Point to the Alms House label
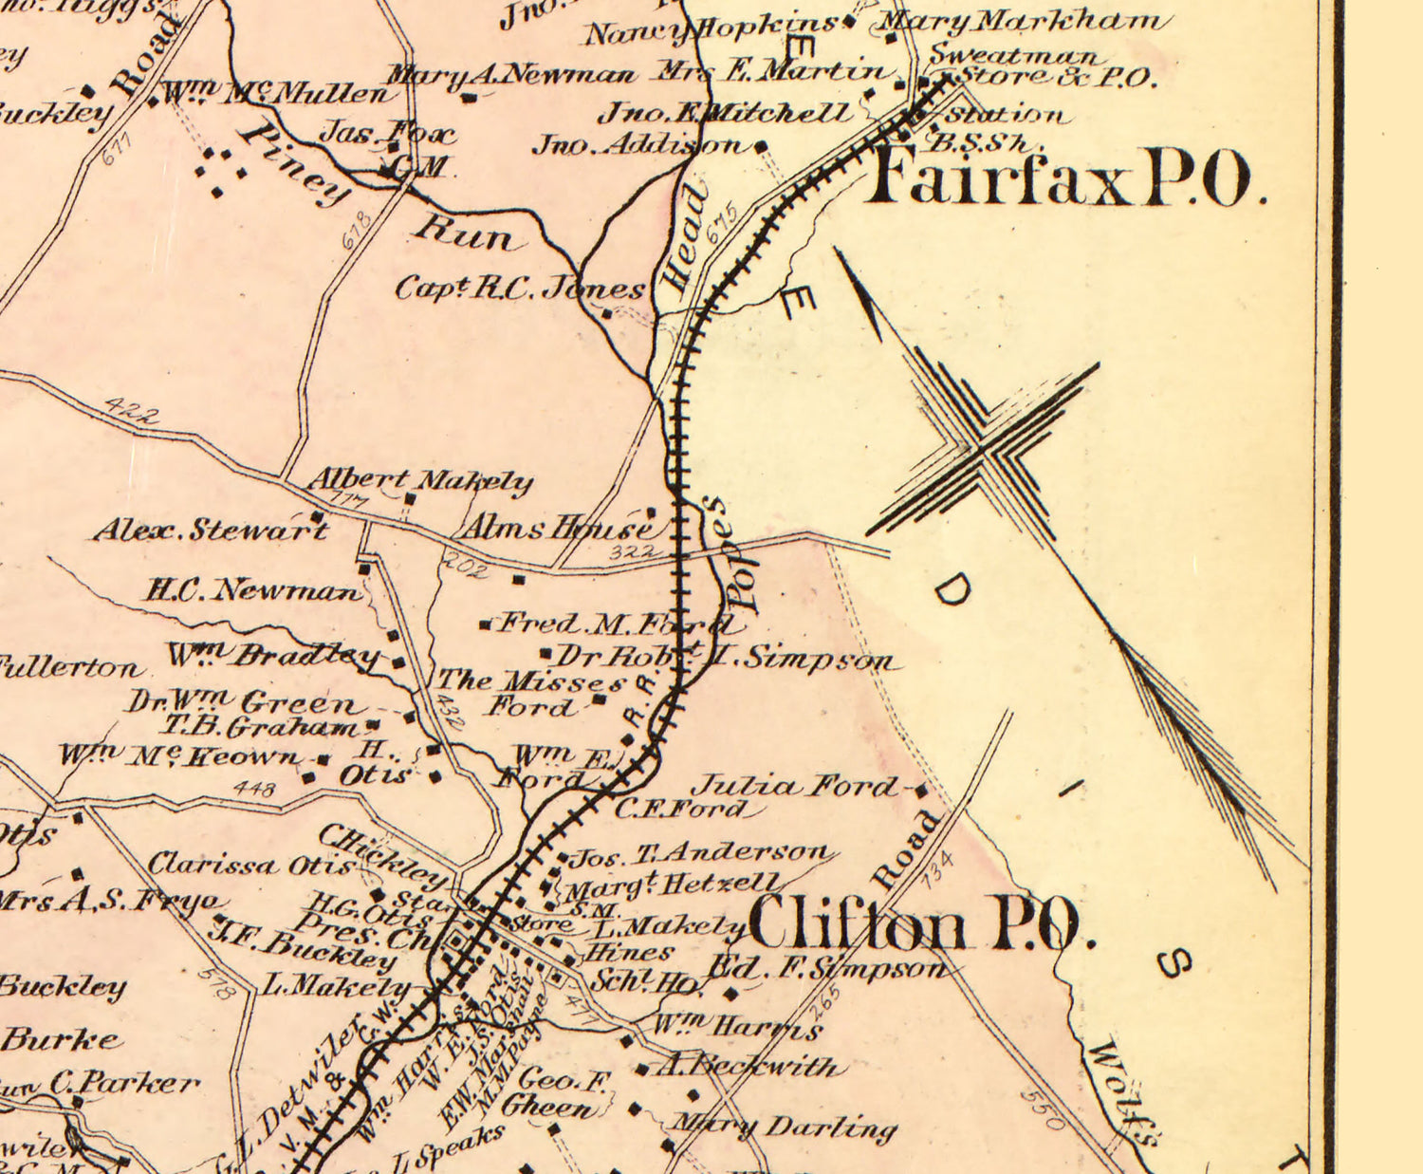pos(557,527)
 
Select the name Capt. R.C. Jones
pos(519,288)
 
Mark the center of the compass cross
pos(985,448)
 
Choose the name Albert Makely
pos(419,480)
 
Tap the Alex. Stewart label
pos(210,529)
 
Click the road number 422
pos(131,410)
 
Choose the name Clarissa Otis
pos(251,865)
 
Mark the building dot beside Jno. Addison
pos(761,146)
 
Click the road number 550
pos(1043,1109)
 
